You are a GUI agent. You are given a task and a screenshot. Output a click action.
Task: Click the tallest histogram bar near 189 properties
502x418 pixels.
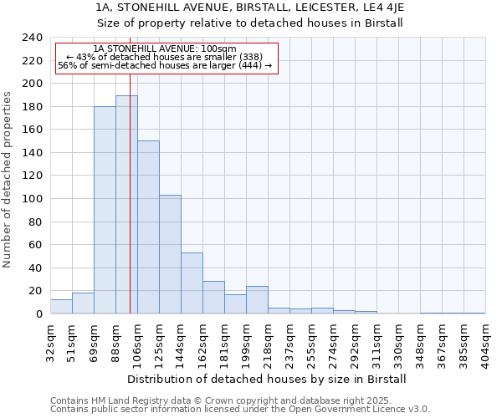pyautogui.click(x=126, y=205)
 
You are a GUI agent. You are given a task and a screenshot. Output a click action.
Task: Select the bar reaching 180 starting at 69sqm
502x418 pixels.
pyautogui.click(x=105, y=210)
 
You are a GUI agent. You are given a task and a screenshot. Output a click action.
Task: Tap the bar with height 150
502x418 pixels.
pyautogui.click(x=148, y=227)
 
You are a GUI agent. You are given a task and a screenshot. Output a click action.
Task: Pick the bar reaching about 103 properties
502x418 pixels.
pyautogui.click(x=170, y=254)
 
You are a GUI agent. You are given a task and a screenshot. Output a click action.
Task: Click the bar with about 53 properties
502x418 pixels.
pyautogui.click(x=192, y=283)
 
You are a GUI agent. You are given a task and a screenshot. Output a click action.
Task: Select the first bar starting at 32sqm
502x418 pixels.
pyautogui.click(x=61, y=307)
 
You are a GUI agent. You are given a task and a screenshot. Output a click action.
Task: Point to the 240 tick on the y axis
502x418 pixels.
pyautogui.click(x=33, y=38)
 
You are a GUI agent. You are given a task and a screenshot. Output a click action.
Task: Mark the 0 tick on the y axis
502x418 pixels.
pyautogui.click(x=39, y=313)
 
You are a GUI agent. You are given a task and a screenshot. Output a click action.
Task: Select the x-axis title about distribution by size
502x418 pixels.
pyautogui.click(x=268, y=379)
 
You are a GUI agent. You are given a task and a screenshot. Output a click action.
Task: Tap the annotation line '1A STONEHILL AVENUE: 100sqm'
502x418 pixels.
pyautogui.click(x=165, y=49)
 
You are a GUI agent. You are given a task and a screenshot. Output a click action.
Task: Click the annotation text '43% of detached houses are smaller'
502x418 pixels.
pyautogui.click(x=165, y=57)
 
